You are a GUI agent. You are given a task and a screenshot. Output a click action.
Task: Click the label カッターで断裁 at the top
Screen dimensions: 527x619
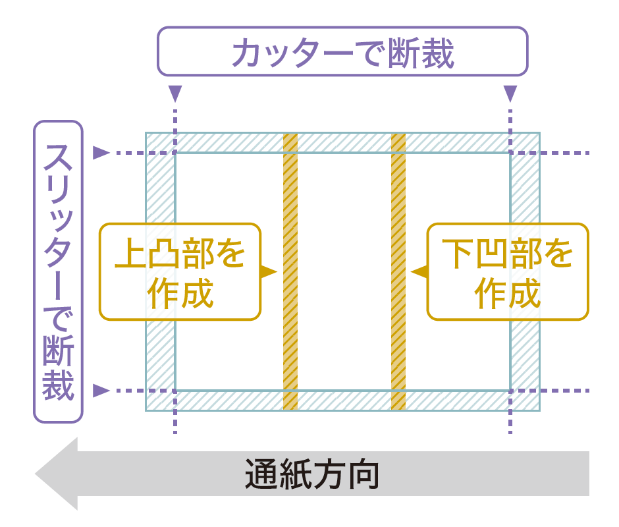pyautogui.click(x=342, y=53)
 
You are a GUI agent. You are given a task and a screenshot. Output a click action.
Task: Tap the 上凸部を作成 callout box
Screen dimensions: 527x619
pyautogui.click(x=180, y=271)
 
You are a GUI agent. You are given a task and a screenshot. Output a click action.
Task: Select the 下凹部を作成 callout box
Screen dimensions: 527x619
pyautogui.click(x=507, y=271)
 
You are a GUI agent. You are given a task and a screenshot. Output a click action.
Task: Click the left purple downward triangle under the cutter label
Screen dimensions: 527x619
pyautogui.click(x=175, y=93)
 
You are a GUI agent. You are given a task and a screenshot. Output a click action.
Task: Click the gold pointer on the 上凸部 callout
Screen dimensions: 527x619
pyautogui.click(x=268, y=271)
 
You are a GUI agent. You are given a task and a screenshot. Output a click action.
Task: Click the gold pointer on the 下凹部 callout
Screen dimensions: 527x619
pyautogui.click(x=419, y=271)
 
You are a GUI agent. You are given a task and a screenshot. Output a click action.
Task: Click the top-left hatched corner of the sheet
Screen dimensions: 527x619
pyautogui.click(x=161, y=143)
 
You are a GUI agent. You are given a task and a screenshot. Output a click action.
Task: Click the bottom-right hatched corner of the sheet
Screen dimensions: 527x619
pyautogui.click(x=525, y=401)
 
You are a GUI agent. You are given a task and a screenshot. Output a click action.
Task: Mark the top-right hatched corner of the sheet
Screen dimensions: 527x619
pyautogui.click(x=525, y=143)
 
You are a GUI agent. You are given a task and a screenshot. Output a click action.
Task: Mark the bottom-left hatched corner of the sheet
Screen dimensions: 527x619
pyautogui.click(x=161, y=401)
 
